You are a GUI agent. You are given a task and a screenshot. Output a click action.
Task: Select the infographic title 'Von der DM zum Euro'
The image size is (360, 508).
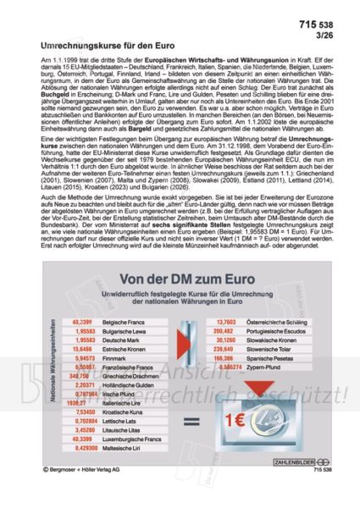pos(180,281)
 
